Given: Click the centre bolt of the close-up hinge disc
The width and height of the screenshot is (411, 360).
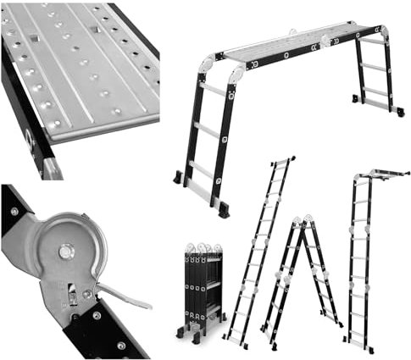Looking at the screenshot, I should [x=65, y=251].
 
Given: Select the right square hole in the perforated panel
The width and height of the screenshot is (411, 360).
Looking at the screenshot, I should [x=95, y=28].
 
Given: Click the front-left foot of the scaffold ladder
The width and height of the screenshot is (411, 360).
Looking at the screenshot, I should [x=177, y=179].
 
